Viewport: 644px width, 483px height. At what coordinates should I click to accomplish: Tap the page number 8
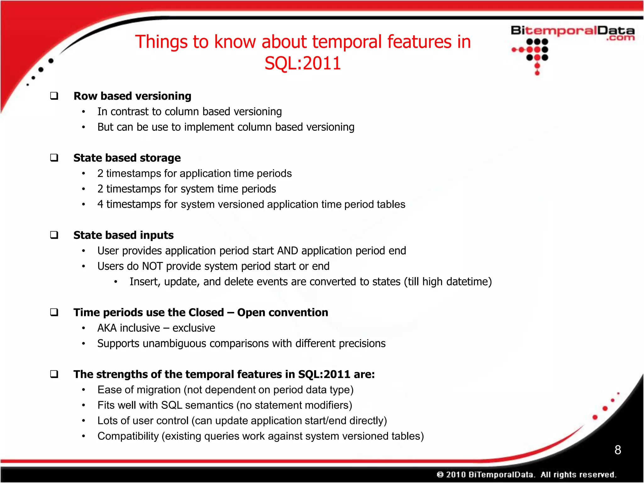(618, 450)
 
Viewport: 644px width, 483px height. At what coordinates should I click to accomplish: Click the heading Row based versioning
(132, 96)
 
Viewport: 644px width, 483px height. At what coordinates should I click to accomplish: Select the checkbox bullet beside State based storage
(54, 158)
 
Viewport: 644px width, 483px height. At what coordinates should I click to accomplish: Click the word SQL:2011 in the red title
(303, 63)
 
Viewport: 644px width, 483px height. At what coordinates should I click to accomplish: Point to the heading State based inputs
(123, 235)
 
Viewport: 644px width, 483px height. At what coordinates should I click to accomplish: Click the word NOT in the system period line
(153, 266)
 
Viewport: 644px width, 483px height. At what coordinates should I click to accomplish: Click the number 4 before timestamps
(100, 204)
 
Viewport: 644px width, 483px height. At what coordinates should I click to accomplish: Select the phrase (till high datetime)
(448, 282)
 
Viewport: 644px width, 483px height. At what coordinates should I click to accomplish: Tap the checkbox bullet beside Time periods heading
(54, 312)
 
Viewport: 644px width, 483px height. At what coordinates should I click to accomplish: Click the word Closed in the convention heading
(206, 313)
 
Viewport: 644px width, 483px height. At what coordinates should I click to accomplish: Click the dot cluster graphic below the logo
(535, 53)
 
